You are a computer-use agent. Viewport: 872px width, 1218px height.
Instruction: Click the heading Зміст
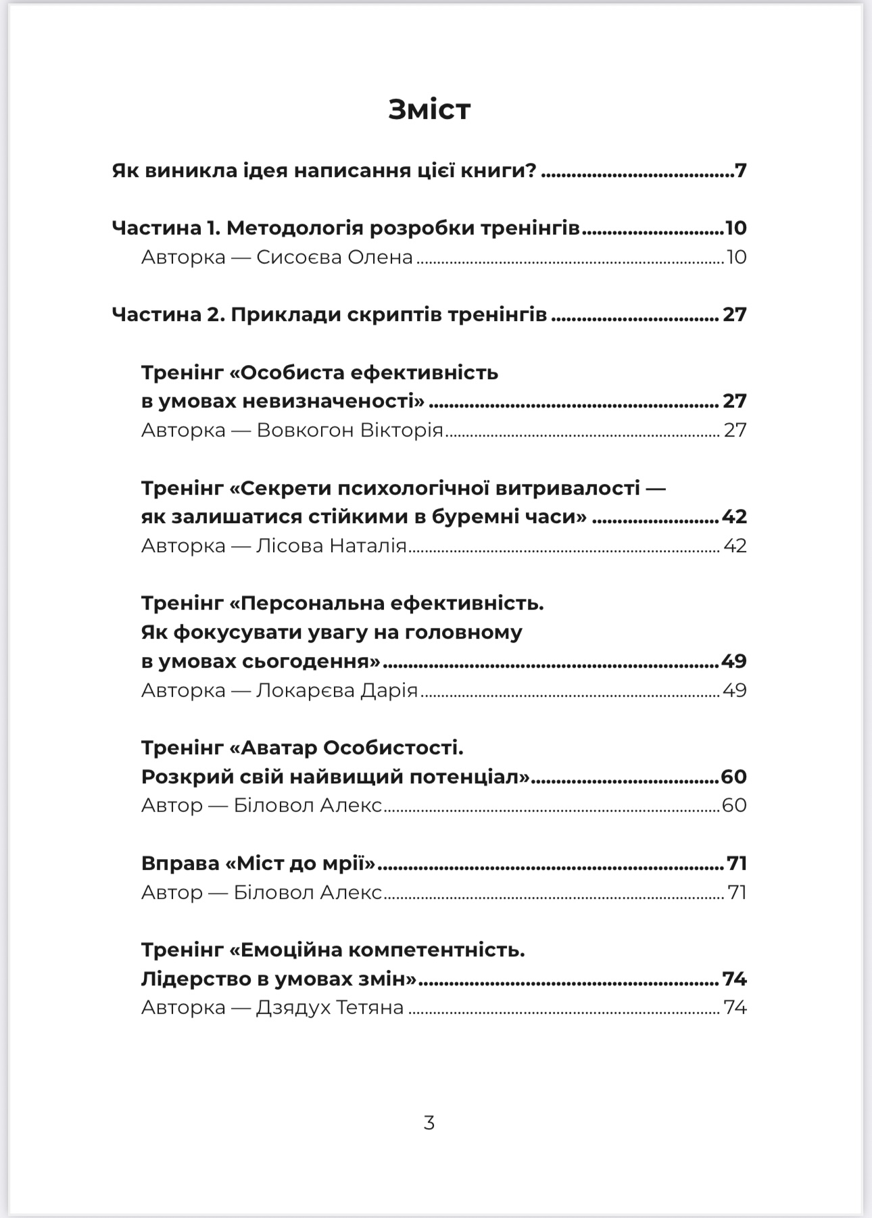[429, 109]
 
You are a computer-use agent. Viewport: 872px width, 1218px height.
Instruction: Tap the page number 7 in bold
[741, 170]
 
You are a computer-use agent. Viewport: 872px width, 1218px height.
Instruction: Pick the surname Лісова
[289, 546]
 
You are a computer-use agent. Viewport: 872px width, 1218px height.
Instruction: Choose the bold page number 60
[733, 777]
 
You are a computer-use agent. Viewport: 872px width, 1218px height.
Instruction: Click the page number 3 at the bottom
[429, 1123]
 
